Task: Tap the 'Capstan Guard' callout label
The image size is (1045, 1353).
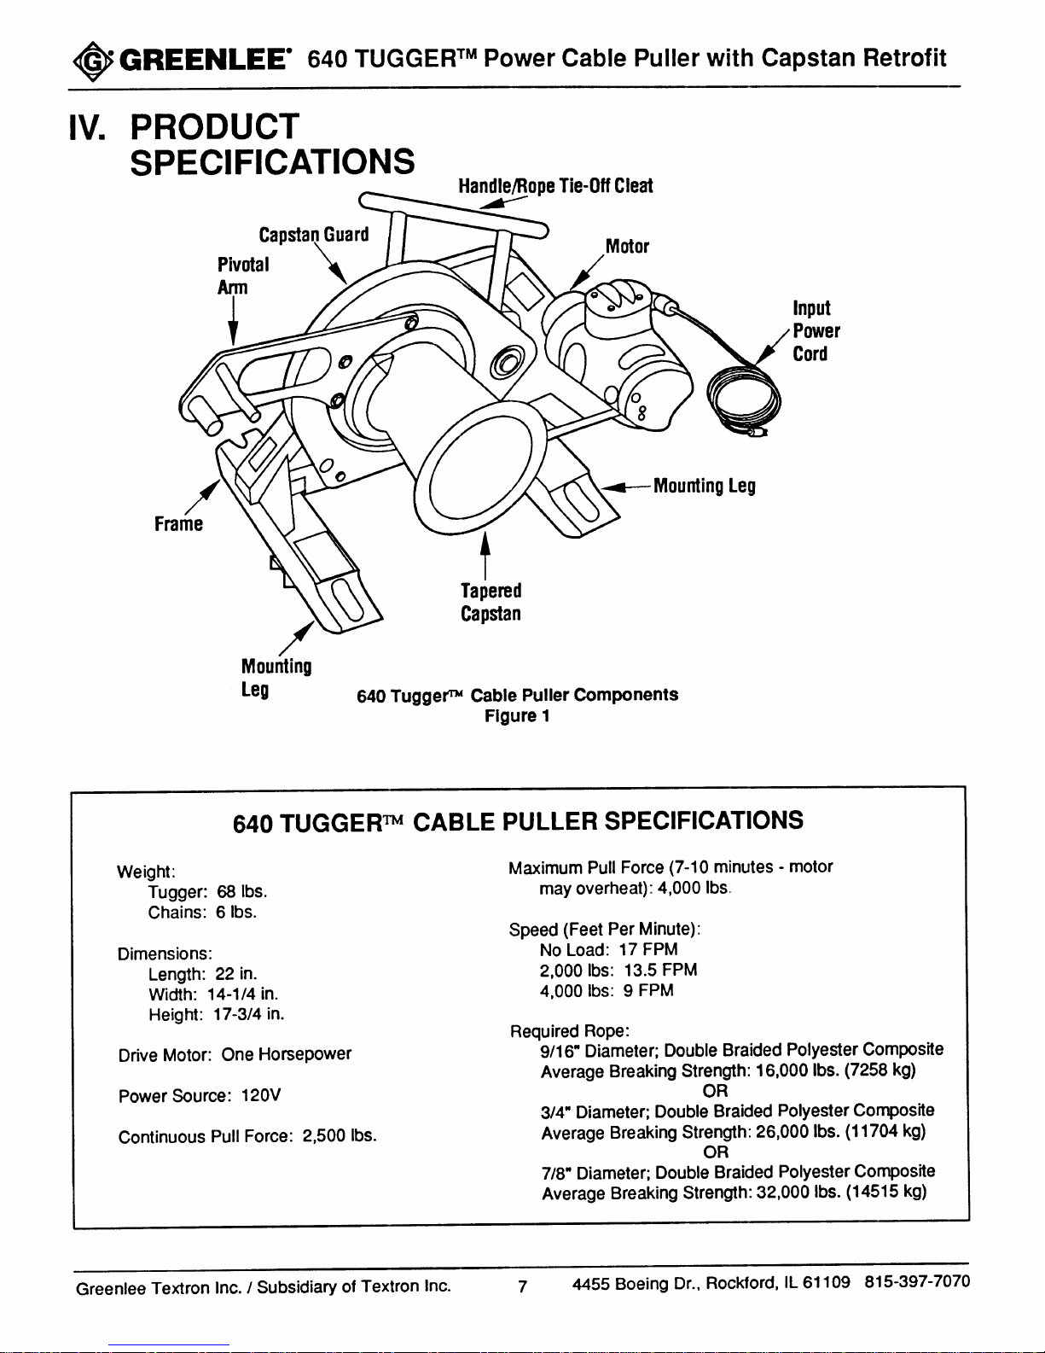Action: click(x=313, y=235)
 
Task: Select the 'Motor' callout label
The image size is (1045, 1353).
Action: click(x=627, y=247)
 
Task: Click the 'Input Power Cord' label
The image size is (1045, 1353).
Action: click(x=816, y=331)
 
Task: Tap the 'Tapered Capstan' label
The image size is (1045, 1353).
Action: click(x=491, y=602)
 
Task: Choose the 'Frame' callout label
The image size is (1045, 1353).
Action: click(x=178, y=523)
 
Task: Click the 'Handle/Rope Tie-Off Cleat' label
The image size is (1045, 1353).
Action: click(x=554, y=186)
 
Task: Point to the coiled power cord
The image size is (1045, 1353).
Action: click(x=747, y=400)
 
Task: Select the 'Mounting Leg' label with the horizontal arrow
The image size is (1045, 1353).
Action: click(x=704, y=486)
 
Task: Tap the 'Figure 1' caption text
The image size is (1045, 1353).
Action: click(x=516, y=715)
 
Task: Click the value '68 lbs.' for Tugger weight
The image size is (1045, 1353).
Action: click(x=241, y=892)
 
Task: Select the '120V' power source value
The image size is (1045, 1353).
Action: click(x=261, y=1095)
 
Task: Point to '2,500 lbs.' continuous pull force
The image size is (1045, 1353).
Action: click(x=340, y=1136)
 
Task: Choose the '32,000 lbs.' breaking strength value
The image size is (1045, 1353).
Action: click(x=798, y=1192)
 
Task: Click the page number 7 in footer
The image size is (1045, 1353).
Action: click(x=522, y=1286)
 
